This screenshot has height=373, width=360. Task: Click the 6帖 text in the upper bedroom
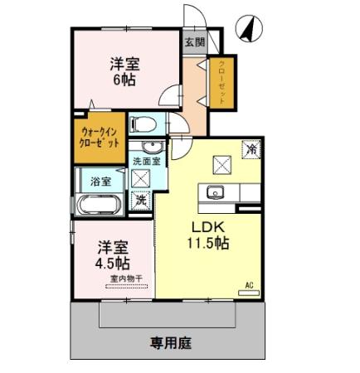click(x=125, y=79)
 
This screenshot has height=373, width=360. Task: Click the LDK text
click(x=206, y=227)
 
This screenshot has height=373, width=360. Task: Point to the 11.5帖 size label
click(x=207, y=245)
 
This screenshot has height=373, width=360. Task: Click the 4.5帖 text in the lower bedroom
click(x=112, y=264)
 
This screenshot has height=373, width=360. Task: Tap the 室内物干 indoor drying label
click(x=124, y=281)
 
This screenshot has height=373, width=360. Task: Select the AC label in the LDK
click(x=248, y=287)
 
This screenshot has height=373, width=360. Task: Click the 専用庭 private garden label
click(x=168, y=340)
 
